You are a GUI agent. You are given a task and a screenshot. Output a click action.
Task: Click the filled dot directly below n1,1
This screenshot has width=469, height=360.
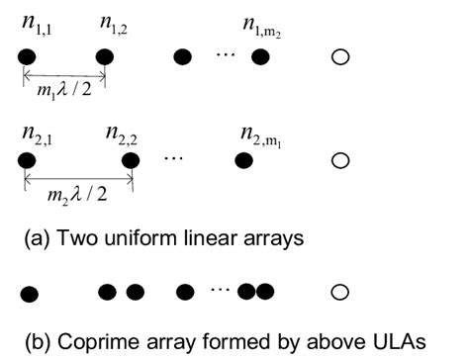click(24, 57)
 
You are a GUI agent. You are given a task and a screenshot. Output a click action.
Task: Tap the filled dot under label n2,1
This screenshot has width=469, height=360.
click(24, 159)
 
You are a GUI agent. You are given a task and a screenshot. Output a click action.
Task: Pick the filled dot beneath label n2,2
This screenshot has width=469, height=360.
click(132, 159)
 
